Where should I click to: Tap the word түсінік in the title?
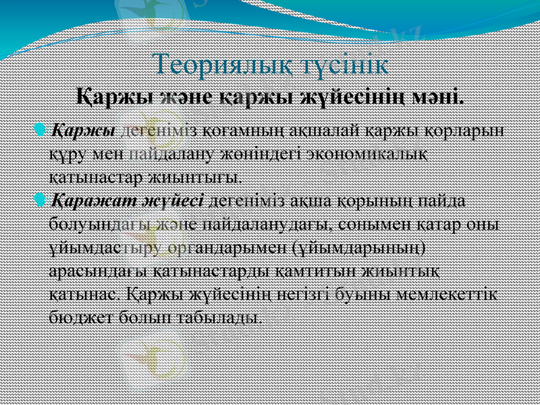tap(344, 65)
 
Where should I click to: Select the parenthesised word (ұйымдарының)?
tap(358, 248)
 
